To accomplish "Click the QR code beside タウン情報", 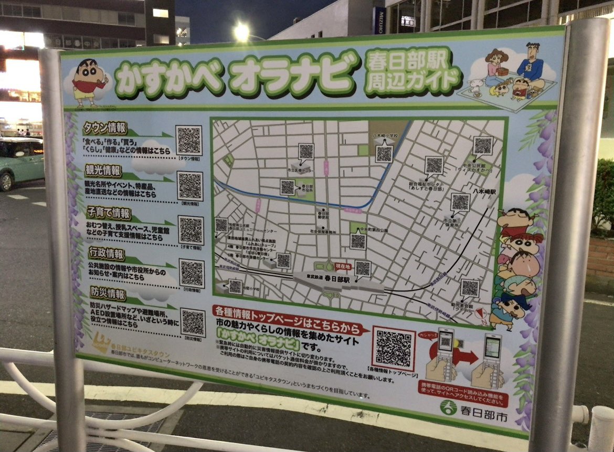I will (189, 140).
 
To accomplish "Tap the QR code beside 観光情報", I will (190, 185).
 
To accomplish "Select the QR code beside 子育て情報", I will (191, 230).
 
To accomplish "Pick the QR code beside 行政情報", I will (192, 273).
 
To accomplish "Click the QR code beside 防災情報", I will (193, 322).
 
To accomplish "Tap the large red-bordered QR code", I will (394, 348).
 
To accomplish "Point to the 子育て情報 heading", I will (108, 213).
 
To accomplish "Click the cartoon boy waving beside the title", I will (89, 82).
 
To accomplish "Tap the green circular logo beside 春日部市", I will (448, 407).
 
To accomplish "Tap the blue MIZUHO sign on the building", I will (379, 20).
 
